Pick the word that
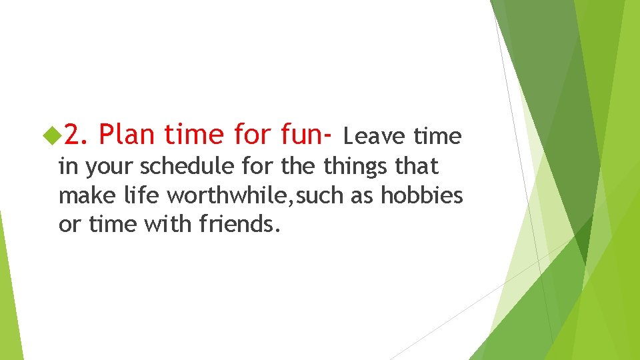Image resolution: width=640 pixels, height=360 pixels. pyautogui.click(x=417, y=166)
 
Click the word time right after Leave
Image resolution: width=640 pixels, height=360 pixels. pyautogui.click(x=437, y=136)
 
